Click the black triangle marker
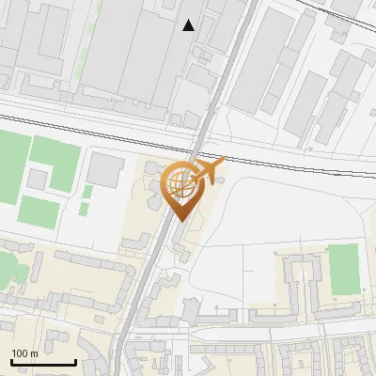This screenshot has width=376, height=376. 189,25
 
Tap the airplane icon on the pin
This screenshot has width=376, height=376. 207,171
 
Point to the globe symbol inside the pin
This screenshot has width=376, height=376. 179,183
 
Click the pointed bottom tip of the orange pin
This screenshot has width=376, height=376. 182,220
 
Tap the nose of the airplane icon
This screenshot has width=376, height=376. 222,162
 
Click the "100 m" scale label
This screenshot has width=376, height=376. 25,353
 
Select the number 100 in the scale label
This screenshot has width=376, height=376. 21,353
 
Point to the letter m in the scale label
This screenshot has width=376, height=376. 35,353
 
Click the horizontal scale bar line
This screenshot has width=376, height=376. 43,363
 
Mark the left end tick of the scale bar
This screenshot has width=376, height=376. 11,361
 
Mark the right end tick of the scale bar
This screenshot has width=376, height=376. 75,361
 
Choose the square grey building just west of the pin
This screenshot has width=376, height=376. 106,171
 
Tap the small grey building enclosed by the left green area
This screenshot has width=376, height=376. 39,178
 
